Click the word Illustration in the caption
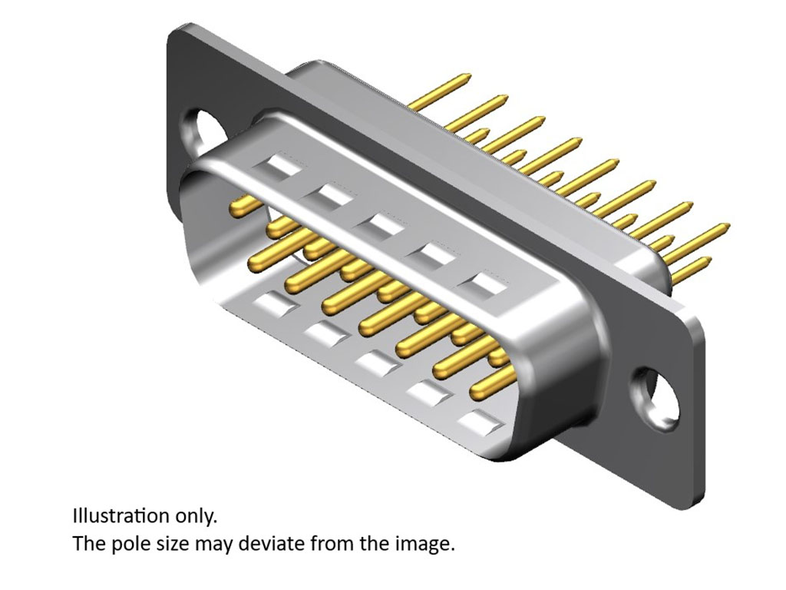click(x=121, y=516)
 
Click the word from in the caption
click(x=331, y=544)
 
